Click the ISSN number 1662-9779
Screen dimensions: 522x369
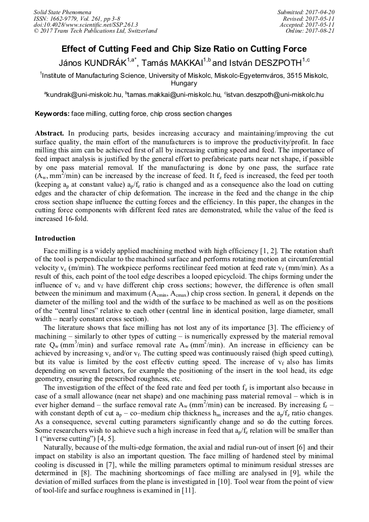63,18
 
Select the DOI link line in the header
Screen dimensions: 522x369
85,24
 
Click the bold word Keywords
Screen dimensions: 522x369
52,114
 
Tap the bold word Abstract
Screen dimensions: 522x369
50,133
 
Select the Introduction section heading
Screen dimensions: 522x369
55,238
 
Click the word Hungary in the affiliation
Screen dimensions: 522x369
184,84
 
